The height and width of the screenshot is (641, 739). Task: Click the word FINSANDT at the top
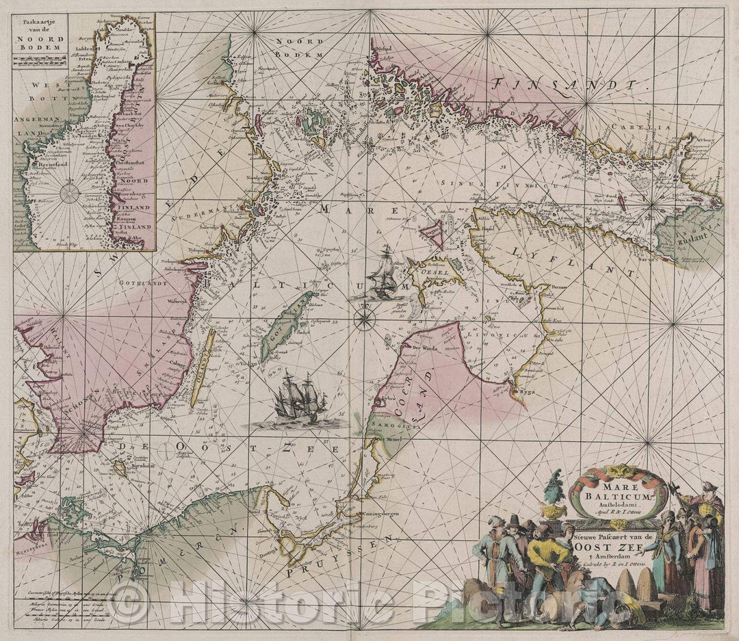[569, 86]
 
